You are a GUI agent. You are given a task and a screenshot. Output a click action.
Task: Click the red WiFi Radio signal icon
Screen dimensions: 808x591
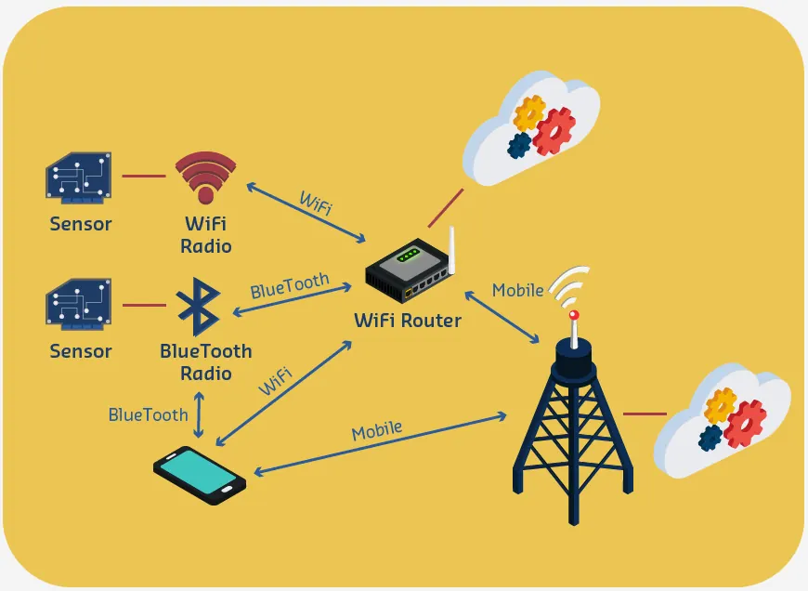coord(205,177)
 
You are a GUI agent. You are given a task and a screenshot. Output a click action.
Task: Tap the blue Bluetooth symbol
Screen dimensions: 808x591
coord(200,307)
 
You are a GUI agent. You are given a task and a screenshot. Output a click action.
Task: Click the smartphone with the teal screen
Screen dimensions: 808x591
coord(200,475)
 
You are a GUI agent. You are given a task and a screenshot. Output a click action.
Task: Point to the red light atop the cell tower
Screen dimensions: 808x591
coord(574,315)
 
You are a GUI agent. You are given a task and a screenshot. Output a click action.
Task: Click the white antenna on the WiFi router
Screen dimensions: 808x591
coord(451,250)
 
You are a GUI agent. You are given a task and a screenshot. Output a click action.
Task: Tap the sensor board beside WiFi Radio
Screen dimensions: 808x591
coord(79,176)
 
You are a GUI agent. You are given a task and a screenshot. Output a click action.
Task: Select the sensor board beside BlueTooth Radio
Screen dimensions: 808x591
coord(79,304)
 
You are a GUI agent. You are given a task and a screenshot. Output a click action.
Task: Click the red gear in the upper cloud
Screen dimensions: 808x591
coord(554,131)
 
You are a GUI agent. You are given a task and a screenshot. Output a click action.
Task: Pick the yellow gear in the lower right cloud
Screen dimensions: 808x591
coord(720,404)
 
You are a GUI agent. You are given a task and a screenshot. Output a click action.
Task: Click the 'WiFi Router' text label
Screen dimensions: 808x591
coord(408,321)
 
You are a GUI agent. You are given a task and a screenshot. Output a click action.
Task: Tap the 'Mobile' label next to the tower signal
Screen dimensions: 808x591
coord(517,290)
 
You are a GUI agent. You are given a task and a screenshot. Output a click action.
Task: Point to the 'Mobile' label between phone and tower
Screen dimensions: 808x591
coord(377,430)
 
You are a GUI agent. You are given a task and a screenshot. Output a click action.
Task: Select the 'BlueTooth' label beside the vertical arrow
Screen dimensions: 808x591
coord(149,414)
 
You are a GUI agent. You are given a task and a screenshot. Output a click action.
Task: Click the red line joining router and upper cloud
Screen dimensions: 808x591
coord(446,208)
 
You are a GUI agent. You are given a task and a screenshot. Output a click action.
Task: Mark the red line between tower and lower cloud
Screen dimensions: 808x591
coord(645,414)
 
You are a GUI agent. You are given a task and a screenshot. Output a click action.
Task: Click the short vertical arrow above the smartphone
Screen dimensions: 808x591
coord(199,415)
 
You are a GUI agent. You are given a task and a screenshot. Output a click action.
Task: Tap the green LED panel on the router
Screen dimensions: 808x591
coord(409,255)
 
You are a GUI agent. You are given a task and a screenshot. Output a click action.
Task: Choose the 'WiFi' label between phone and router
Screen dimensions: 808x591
coord(275,381)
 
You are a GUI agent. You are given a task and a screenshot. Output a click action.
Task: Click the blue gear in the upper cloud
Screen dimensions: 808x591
coord(519,145)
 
